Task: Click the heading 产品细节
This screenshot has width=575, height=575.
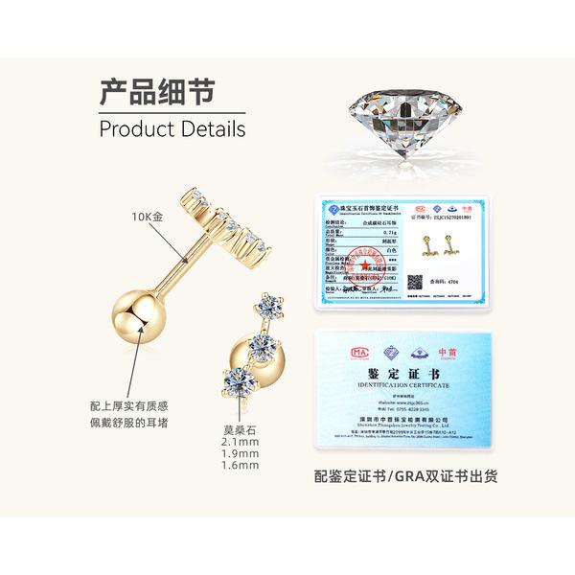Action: coord(156,93)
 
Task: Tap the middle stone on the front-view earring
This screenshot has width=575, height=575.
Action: coord(256,339)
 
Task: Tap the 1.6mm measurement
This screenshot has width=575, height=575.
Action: coord(240,466)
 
